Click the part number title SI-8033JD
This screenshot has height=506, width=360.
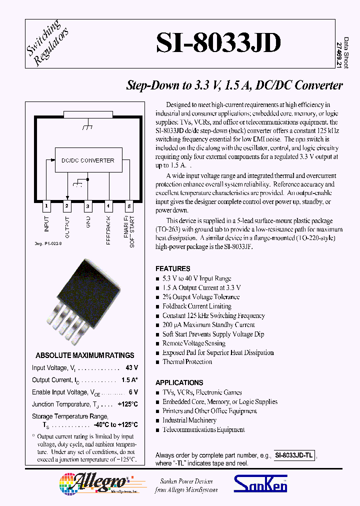pos(218,44)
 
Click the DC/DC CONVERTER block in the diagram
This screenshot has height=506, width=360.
pos(87,160)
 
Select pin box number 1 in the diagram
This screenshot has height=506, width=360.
pos(46,205)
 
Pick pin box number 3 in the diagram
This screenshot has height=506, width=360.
pos(87,205)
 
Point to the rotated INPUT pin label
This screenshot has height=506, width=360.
pos(47,223)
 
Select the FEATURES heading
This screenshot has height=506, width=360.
pos(172,268)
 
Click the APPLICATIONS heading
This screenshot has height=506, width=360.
pos(179,382)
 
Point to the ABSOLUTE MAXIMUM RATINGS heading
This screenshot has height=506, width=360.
pos(85,355)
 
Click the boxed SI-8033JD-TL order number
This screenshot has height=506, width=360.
pos(294,455)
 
